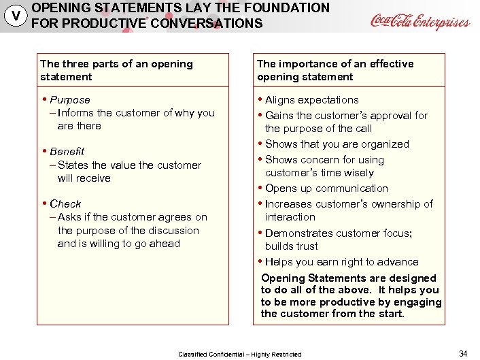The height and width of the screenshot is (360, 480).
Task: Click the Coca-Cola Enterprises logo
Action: click(x=419, y=21)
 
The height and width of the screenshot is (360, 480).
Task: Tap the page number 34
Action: click(x=463, y=353)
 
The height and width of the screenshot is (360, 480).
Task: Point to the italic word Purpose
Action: click(x=69, y=100)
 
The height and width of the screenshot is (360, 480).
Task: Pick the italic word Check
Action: click(x=65, y=203)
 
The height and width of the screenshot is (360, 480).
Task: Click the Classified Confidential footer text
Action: click(x=240, y=355)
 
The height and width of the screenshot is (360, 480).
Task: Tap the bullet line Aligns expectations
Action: click(x=311, y=100)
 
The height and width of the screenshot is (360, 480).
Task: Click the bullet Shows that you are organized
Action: click(x=337, y=144)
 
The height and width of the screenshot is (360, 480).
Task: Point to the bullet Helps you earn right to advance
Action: click(x=341, y=262)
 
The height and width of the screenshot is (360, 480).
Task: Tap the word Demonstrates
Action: click(x=298, y=233)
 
